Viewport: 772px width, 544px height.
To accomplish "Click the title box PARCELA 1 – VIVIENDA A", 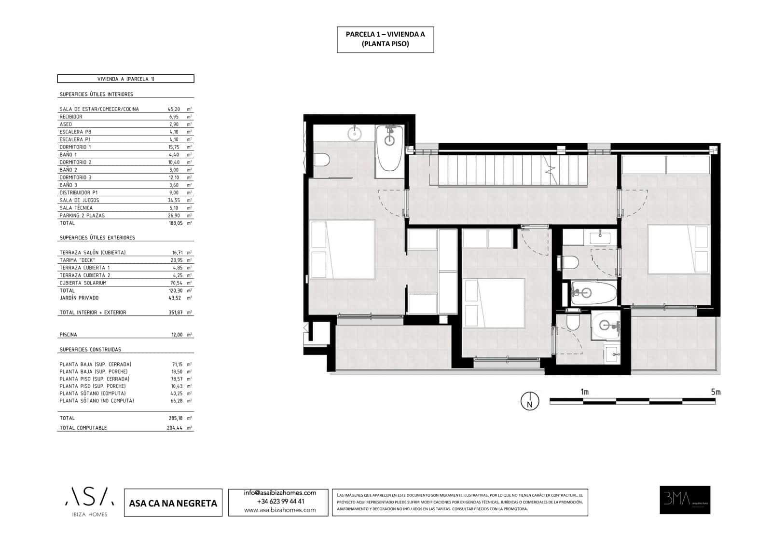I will (x=385, y=40).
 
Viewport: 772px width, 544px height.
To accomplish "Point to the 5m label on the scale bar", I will (x=715, y=392).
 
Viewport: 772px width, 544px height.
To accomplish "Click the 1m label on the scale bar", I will (x=584, y=392).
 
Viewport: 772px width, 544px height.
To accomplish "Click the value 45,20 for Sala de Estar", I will (x=174, y=109).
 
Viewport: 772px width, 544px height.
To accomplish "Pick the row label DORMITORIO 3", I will (x=75, y=177).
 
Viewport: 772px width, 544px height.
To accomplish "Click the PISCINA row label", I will (x=68, y=335).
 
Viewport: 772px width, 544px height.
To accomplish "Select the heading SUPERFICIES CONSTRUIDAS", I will (x=90, y=350).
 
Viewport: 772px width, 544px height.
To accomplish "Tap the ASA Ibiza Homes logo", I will (x=90, y=502).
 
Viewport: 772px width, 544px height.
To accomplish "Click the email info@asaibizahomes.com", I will (x=280, y=493).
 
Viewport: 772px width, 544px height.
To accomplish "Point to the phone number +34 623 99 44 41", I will (x=280, y=502).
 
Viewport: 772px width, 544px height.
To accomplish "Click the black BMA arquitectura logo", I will (x=685, y=500).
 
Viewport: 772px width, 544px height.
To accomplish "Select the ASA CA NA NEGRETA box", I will (x=173, y=503).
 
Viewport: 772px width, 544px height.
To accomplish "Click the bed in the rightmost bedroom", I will (x=678, y=249).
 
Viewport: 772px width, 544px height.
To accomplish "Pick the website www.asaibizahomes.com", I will (x=280, y=510).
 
